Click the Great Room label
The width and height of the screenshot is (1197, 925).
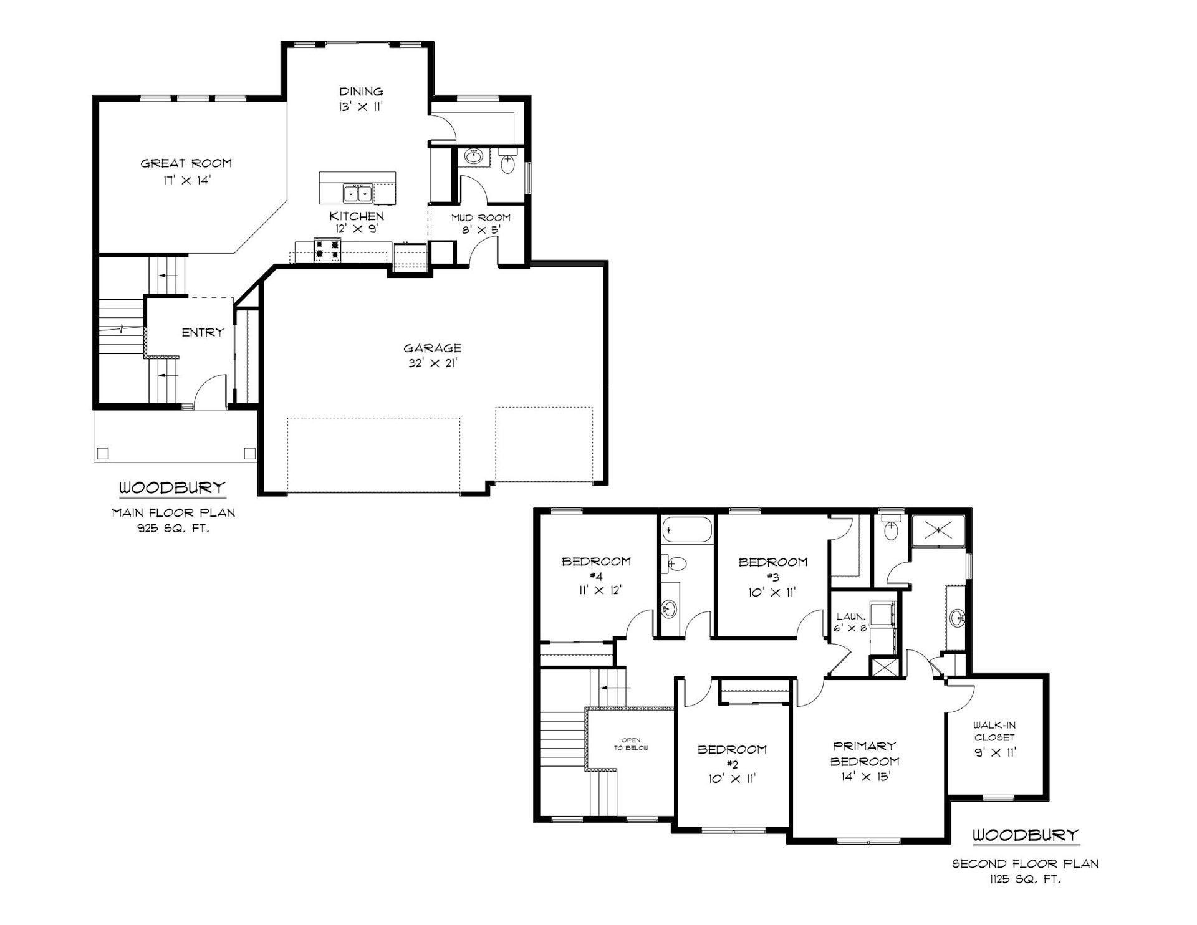click(x=186, y=163)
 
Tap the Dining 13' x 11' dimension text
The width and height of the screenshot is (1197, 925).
click(x=361, y=107)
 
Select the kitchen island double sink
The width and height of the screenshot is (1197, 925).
click(x=358, y=193)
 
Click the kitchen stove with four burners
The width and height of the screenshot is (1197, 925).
click(x=328, y=250)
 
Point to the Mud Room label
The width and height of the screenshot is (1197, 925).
click(x=481, y=218)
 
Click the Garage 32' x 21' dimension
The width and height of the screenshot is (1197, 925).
click(x=433, y=363)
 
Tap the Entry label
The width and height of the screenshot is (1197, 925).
click(x=203, y=332)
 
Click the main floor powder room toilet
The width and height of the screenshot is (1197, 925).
click(x=509, y=163)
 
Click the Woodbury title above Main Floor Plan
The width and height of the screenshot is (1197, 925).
click(x=172, y=487)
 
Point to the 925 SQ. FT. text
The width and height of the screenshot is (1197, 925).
click(x=173, y=529)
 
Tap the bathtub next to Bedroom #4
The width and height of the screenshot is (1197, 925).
click(x=686, y=530)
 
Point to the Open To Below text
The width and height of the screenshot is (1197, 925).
click(x=631, y=744)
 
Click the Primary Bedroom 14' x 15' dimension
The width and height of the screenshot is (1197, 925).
click(x=865, y=777)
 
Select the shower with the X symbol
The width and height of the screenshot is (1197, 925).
click(x=938, y=530)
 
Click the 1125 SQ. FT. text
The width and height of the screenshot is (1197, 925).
click(x=1025, y=879)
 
